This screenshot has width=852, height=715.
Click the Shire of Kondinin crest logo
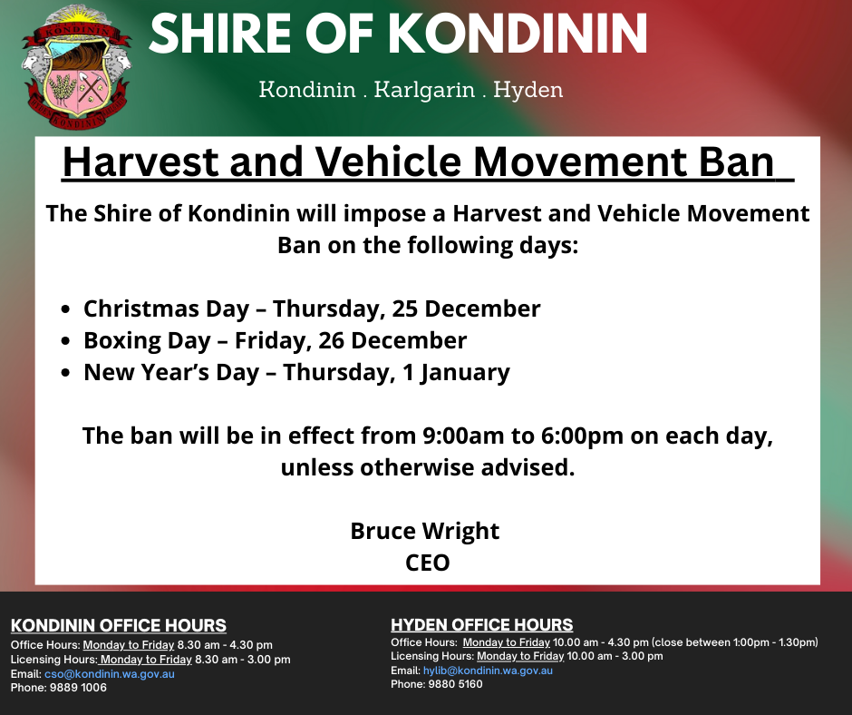pyautogui.click(x=76, y=65)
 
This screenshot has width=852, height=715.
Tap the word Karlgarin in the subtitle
pyautogui.click(x=421, y=90)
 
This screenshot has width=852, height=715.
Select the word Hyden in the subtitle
pyautogui.click(x=529, y=90)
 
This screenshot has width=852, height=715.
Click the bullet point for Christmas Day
pyautogui.click(x=66, y=309)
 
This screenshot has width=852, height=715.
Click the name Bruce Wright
pyautogui.click(x=425, y=530)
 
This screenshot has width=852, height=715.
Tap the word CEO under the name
pyautogui.click(x=427, y=563)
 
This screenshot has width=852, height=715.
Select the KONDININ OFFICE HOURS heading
pyautogui.click(x=119, y=626)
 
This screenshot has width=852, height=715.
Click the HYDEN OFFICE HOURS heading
pyautogui.click(x=482, y=625)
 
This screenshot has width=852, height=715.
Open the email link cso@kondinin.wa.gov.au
pyautogui.click(x=109, y=674)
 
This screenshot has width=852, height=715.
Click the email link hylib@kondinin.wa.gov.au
pyautogui.click(x=488, y=671)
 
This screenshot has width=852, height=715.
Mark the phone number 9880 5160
pyautogui.click(x=456, y=684)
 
